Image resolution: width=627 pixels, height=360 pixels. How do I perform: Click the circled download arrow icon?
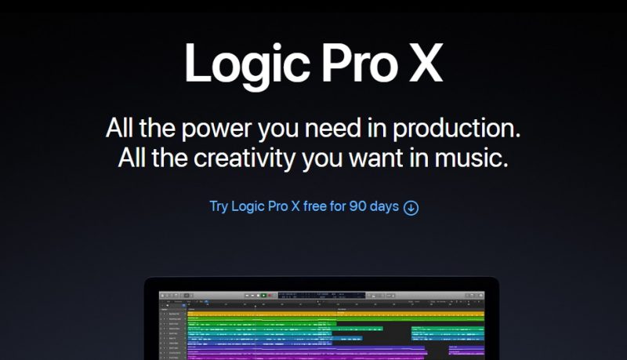click(411, 208)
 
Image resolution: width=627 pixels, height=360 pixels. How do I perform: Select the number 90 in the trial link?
click(357, 207)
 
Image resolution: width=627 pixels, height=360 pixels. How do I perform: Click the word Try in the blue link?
click(219, 207)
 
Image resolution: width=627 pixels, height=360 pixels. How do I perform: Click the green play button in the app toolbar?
click(264, 296)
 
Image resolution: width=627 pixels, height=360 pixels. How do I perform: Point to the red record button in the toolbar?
click(270, 296)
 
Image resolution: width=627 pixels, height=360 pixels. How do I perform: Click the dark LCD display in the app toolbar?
click(313, 296)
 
